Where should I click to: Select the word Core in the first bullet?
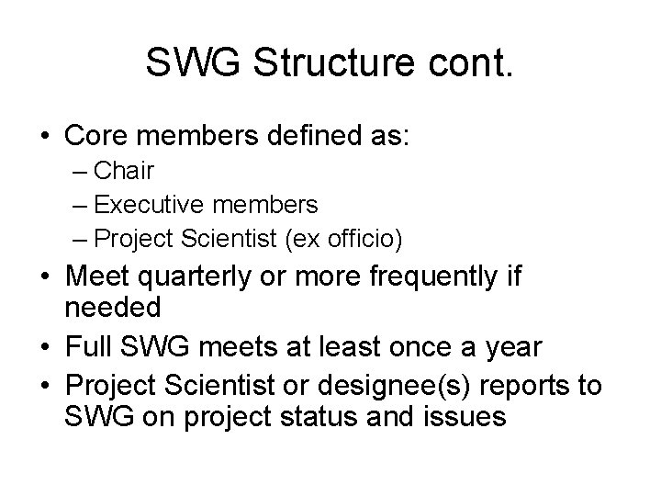click(x=95, y=137)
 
